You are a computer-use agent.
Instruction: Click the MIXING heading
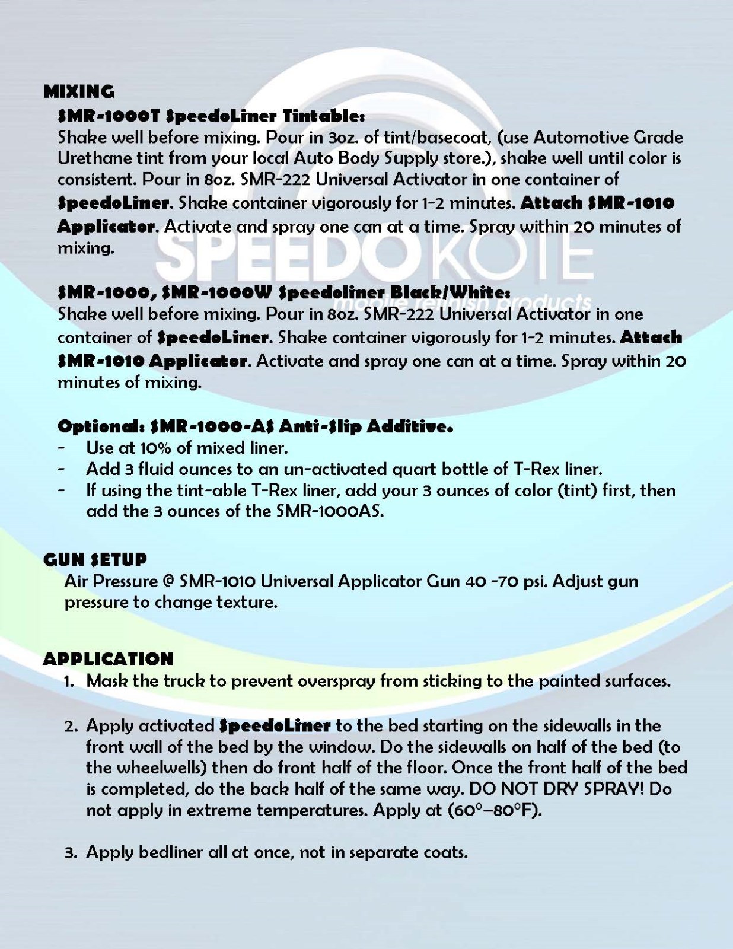79,91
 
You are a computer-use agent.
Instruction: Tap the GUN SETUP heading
95,559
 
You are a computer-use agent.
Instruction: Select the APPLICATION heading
108,659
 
